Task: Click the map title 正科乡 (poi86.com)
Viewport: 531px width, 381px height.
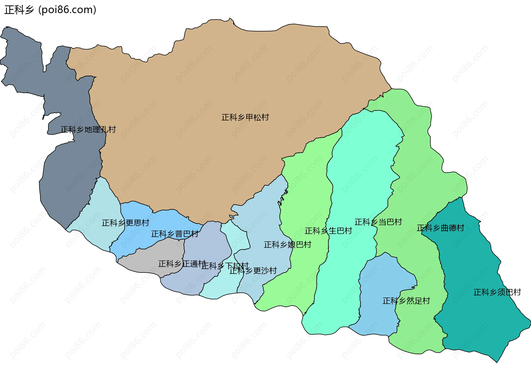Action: coord(50,10)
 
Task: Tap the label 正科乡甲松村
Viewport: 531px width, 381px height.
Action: coord(245,117)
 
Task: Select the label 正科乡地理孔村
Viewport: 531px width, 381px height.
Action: coord(88,129)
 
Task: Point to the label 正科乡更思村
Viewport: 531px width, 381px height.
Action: coord(125,223)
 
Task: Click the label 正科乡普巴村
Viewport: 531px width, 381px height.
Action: coord(175,234)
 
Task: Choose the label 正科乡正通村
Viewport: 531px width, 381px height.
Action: coord(182,264)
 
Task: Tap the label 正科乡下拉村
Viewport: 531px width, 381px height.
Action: coord(225,266)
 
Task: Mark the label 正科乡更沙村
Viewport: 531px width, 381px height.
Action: coord(253,271)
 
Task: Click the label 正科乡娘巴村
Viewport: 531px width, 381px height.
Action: coord(288,245)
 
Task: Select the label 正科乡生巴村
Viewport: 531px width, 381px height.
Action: coord(328,231)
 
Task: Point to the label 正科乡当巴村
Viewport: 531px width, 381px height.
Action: coord(378,222)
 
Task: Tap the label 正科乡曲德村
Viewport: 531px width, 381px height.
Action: coord(440,228)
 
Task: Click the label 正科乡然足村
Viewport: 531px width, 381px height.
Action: coord(406,301)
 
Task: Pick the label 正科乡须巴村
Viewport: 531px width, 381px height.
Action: coord(497,292)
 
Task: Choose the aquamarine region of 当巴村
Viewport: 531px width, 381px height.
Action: coord(360,166)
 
